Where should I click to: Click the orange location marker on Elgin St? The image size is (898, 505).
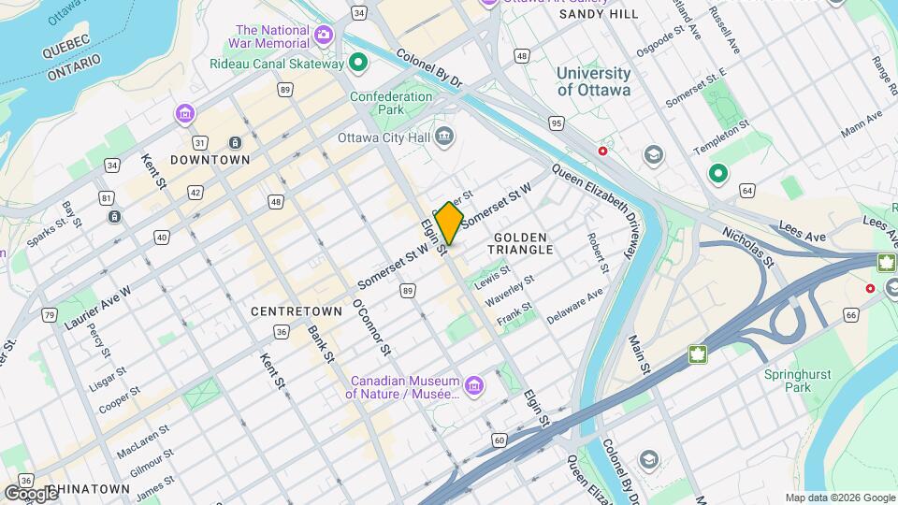pyautogui.click(x=449, y=224)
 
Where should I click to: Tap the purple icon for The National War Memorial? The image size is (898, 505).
pyautogui.click(x=324, y=36)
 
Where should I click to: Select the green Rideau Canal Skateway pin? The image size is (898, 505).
pyautogui.click(x=357, y=64)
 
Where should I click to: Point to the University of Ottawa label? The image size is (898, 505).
pyautogui.click(x=593, y=81)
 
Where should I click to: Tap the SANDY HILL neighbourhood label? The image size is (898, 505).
pyautogui.click(x=599, y=14)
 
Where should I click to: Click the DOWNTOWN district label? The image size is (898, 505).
pyautogui.click(x=210, y=160)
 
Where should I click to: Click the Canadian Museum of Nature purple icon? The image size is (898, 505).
pyautogui.click(x=474, y=385)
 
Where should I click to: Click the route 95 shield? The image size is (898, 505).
pyautogui.click(x=557, y=123)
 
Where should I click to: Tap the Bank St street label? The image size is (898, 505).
pyautogui.click(x=320, y=343)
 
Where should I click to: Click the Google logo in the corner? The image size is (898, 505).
pyautogui.click(x=30, y=493)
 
